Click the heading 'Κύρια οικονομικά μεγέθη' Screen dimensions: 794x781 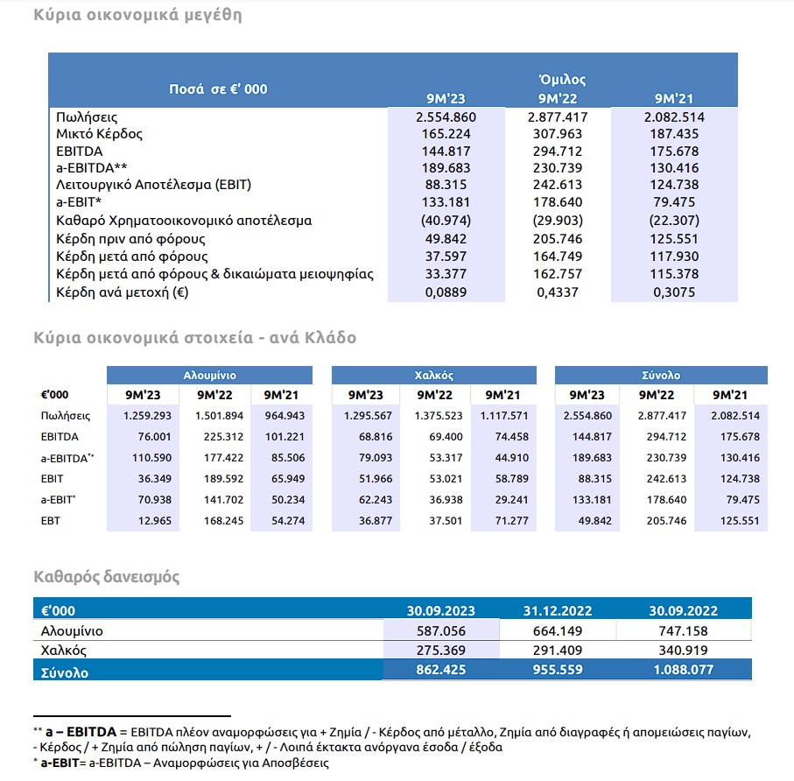tap(137, 15)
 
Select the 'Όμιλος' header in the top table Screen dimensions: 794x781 tap(563, 80)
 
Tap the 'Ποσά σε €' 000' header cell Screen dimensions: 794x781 tap(218, 89)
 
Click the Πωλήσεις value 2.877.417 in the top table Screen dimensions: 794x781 tap(558, 117)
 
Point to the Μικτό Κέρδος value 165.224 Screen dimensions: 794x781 tap(446, 134)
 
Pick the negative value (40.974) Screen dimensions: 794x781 tap(446, 221)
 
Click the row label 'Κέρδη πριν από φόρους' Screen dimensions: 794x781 tap(130, 239)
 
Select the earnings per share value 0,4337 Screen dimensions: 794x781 tap(558, 292)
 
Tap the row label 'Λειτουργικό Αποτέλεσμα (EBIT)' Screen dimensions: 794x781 tap(153, 185)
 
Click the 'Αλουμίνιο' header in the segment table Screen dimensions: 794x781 tap(209, 376)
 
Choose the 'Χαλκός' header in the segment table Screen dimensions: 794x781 tap(434, 376)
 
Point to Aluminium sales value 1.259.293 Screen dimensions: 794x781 tap(147, 416)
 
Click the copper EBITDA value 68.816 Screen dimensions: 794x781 tap(376, 437)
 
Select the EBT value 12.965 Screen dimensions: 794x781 tap(154, 521)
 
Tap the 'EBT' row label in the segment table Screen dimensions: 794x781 tap(50, 521)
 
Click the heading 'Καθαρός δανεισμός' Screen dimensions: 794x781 tap(106, 577)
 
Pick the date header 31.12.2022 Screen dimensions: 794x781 tap(558, 611)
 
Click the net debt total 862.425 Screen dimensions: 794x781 tap(441, 670)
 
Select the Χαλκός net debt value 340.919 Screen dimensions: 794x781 tap(683, 651)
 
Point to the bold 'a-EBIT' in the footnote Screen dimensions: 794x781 tap(60, 763)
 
